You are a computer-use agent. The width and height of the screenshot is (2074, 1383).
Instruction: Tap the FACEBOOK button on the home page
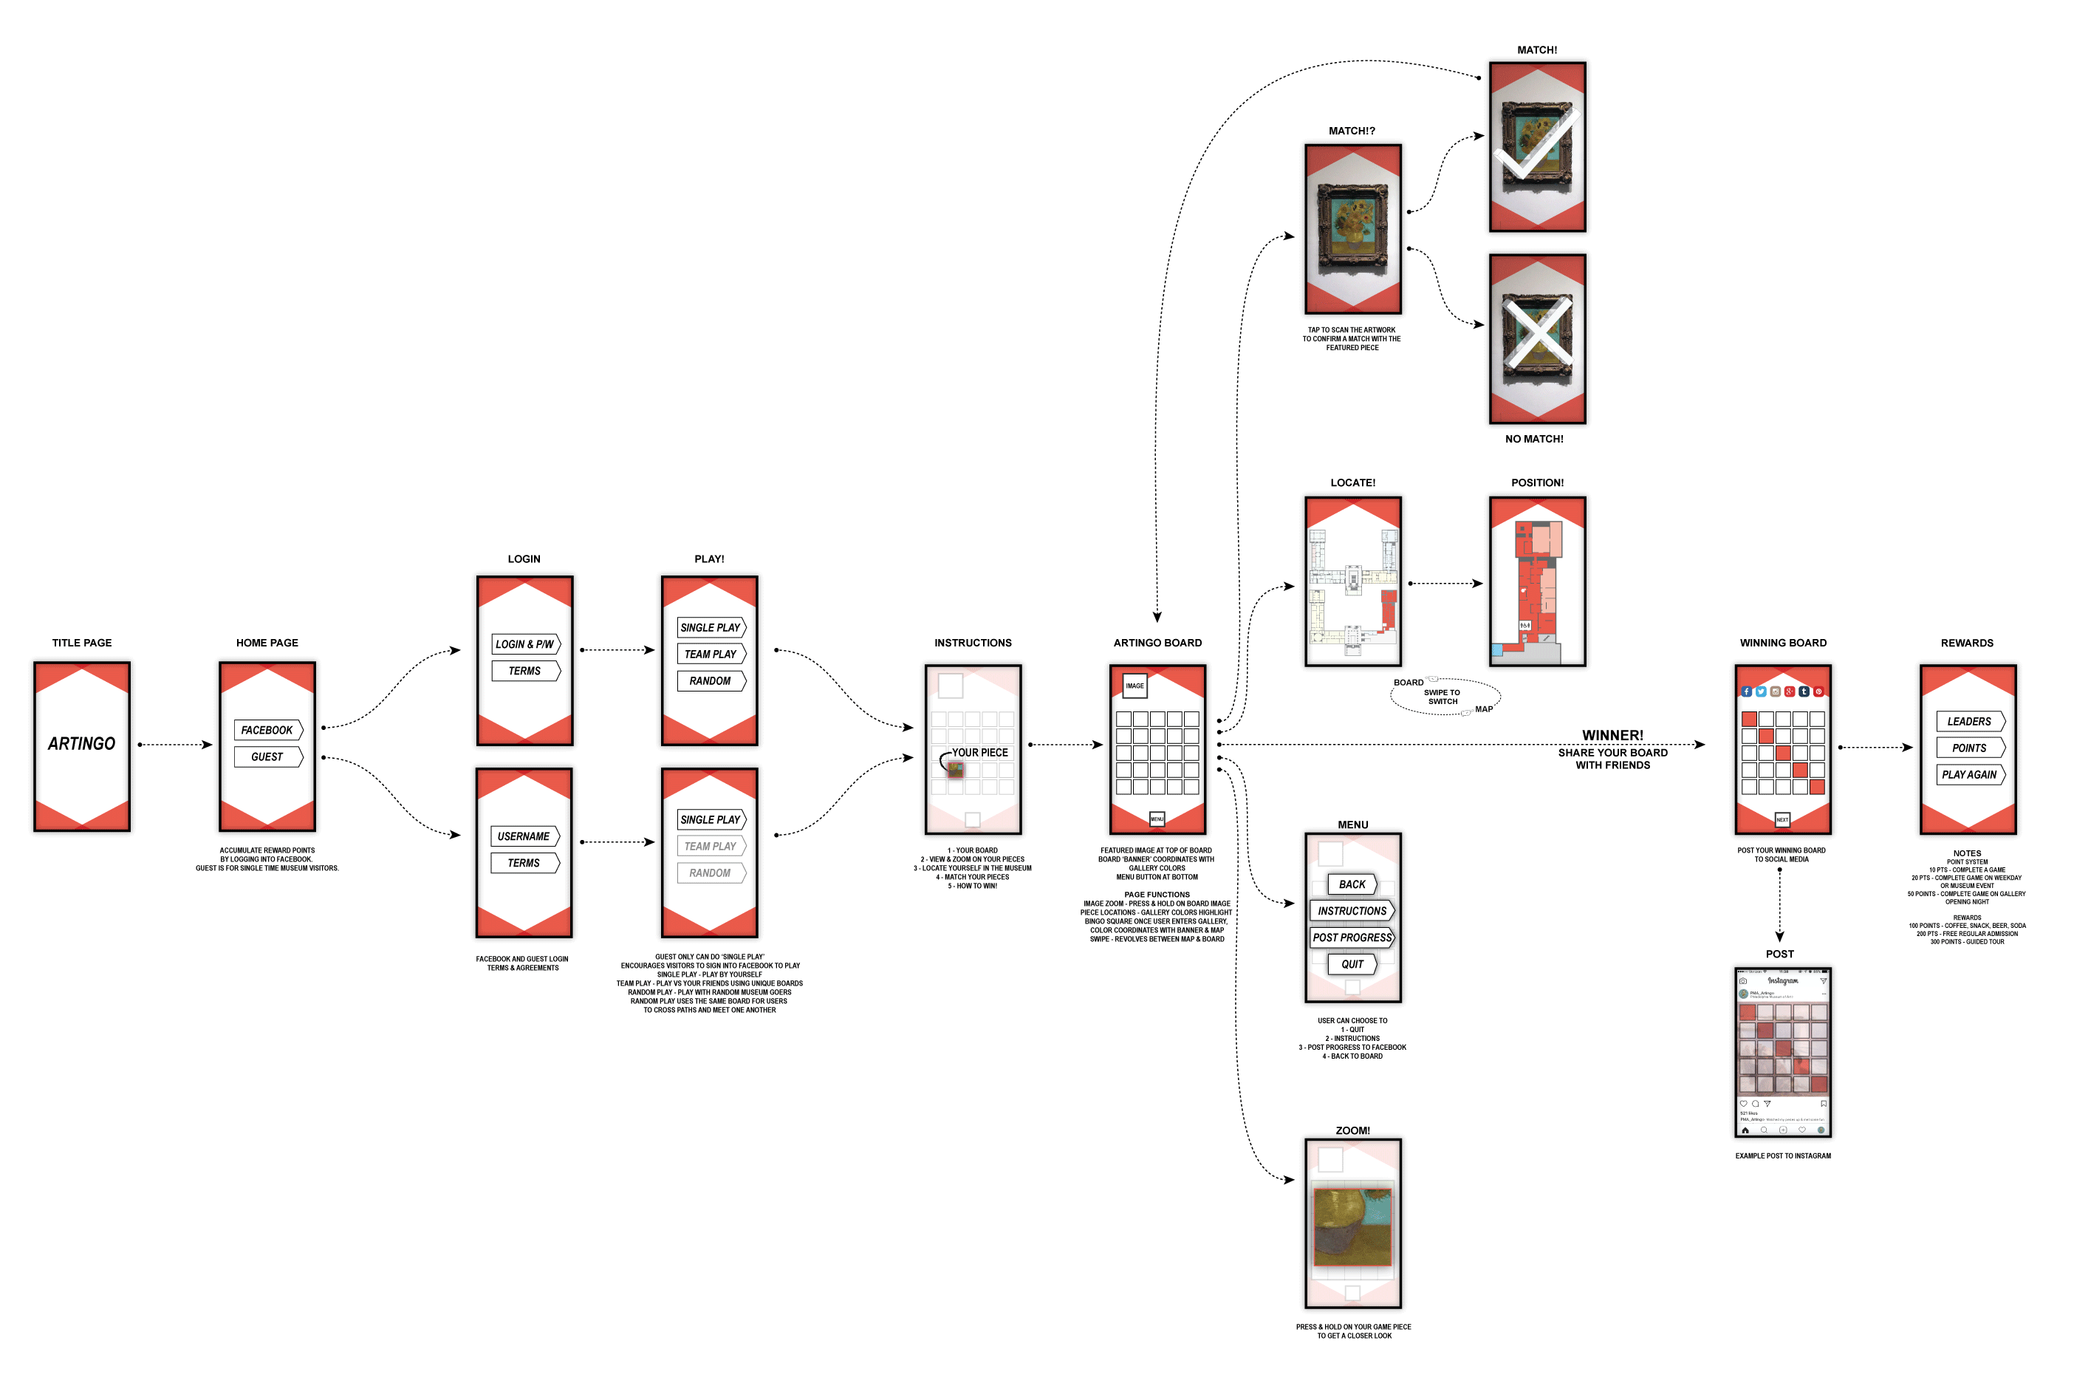tap(267, 731)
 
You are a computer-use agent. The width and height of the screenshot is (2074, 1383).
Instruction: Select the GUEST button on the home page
tap(267, 757)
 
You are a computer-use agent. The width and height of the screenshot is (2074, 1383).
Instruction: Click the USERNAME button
tap(524, 836)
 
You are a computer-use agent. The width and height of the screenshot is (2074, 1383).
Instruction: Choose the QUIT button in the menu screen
tap(1352, 964)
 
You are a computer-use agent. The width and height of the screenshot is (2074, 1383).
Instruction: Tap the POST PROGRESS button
tap(1352, 938)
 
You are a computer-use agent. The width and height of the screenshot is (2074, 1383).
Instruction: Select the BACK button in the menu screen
tap(1352, 884)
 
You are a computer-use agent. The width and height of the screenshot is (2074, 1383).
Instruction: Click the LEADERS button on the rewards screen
tap(1968, 722)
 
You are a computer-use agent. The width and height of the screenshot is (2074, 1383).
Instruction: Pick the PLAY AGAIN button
tap(1968, 774)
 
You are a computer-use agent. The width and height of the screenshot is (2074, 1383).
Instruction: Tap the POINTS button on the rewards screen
tap(1968, 748)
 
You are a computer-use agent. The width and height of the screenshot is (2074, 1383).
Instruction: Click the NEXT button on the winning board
tap(1782, 819)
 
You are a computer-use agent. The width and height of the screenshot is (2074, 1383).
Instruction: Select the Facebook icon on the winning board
tap(1746, 691)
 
